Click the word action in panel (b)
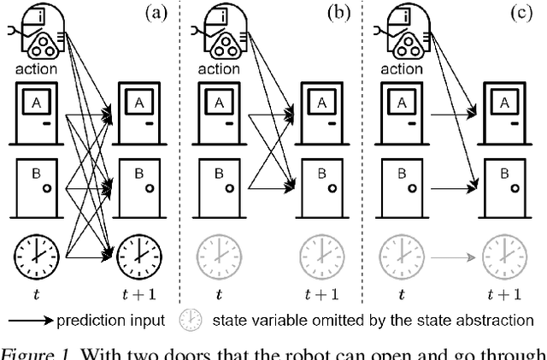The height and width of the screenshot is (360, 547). click(x=218, y=69)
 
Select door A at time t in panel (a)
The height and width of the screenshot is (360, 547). click(x=36, y=115)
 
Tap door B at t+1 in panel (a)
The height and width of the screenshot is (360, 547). click(x=140, y=187)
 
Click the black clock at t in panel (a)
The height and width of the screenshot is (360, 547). click(x=36, y=255)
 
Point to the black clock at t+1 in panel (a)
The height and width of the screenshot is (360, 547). click(x=140, y=255)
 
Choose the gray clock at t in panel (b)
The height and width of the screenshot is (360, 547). click(x=218, y=255)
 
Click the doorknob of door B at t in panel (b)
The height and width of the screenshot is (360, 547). click(x=232, y=188)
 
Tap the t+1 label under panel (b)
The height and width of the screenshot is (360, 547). click(x=322, y=295)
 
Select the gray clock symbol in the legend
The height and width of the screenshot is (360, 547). click(x=189, y=321)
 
